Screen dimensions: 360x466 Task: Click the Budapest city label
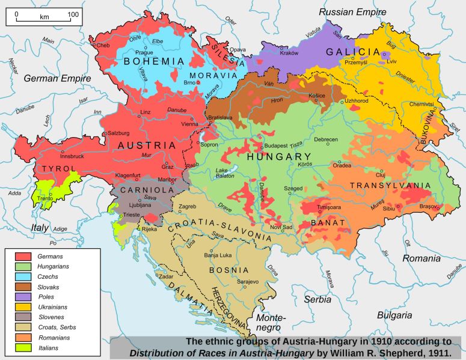tap(277, 145)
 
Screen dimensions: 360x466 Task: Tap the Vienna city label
tap(189, 124)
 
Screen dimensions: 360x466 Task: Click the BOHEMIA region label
tap(154, 61)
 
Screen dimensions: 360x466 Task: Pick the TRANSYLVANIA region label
tap(390, 185)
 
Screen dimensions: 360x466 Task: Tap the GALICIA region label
tap(354, 52)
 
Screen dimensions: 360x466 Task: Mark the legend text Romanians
tap(55, 338)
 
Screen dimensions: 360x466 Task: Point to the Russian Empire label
tap(354, 12)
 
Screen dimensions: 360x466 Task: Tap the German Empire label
tap(58, 78)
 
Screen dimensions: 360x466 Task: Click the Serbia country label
tap(317, 299)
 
